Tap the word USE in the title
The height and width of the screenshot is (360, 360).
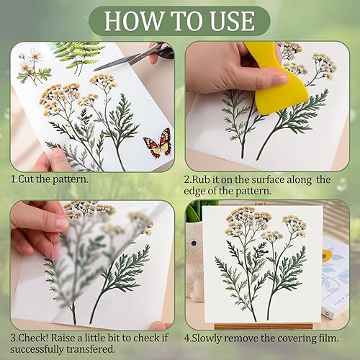click(x=232, y=21)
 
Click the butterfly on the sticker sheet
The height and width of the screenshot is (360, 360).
click(x=158, y=143)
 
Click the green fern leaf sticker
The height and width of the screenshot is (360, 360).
click(x=77, y=57)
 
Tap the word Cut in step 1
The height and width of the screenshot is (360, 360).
click(x=26, y=179)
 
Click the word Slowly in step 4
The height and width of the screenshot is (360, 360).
click(x=207, y=338)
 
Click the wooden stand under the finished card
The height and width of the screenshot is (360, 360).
click(x=264, y=326)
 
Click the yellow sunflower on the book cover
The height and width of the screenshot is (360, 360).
click(x=325, y=256)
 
